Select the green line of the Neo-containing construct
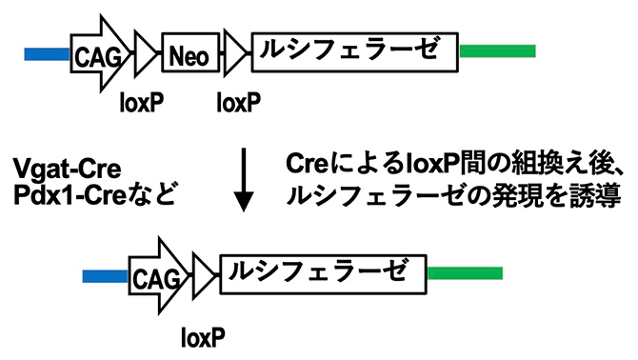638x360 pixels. [496, 51]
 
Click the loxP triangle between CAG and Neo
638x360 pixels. [147, 53]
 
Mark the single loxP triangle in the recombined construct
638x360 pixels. [203, 275]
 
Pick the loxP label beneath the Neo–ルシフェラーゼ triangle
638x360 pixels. [240, 100]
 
